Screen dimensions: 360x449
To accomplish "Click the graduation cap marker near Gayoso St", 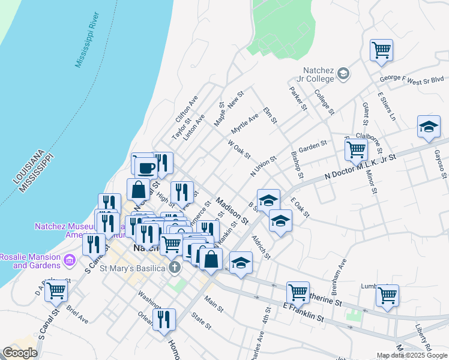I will pyautogui.click(x=428, y=127).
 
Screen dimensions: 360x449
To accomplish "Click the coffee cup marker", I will pyautogui.click(x=146, y=166).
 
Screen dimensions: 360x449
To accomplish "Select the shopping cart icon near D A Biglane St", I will pyautogui.click(x=56, y=290).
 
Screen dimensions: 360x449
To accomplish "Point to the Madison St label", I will pyautogui.click(x=232, y=212).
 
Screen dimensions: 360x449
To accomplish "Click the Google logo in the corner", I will pyautogui.click(x=20, y=353).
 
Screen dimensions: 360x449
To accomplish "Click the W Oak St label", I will pyautogui.click(x=239, y=150).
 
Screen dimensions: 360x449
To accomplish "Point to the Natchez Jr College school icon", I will pyautogui.click(x=343, y=74).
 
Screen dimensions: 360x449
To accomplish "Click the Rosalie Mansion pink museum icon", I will pyautogui.click(x=69, y=261).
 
